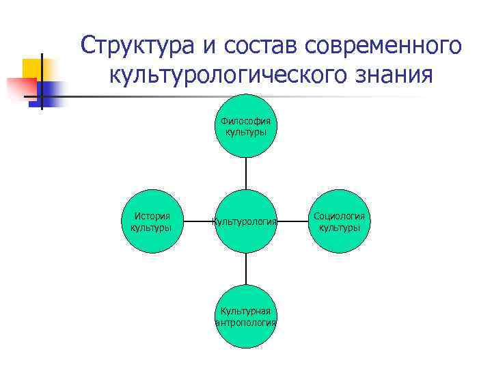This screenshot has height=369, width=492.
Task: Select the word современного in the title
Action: (384, 46)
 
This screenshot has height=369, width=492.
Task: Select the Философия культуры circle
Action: (245, 126)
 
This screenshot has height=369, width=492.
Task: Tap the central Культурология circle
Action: (245, 221)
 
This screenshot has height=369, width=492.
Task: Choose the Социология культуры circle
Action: (340, 221)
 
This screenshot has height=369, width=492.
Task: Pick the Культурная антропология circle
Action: (245, 316)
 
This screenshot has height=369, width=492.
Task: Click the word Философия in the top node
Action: (245, 121)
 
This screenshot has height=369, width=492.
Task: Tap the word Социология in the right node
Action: (340, 216)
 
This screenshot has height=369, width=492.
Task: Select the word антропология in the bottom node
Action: (245, 323)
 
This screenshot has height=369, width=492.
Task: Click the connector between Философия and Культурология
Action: (245, 174)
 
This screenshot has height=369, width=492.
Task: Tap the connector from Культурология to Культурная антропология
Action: (245, 269)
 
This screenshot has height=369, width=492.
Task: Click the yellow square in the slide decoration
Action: (34, 69)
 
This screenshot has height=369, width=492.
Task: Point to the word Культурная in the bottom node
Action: (245, 312)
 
